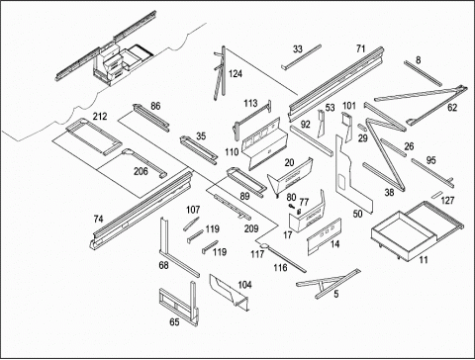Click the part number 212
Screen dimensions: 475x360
pyautogui.click(x=100, y=117)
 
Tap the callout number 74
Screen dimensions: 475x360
pyautogui.click(x=98, y=219)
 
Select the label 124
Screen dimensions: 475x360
pyautogui.click(x=236, y=73)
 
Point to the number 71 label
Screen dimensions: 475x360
pyautogui.click(x=361, y=48)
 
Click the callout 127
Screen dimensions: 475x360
pyautogui.click(x=447, y=200)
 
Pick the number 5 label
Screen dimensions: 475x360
pyautogui.click(x=336, y=294)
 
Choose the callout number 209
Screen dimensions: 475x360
pyautogui.click(x=251, y=228)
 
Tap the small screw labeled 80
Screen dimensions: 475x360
pyautogui.click(x=291, y=206)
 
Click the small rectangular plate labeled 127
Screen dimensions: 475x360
pyautogui.click(x=437, y=195)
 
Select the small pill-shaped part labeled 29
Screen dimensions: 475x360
pyautogui.click(x=362, y=128)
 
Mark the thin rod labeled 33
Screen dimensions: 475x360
pyautogui.click(x=301, y=57)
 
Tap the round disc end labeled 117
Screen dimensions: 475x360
pyautogui.click(x=265, y=245)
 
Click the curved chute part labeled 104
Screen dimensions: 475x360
pyautogui.click(x=230, y=291)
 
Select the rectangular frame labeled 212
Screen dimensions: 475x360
pyautogui.click(x=93, y=136)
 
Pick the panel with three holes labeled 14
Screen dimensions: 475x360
pyautogui.click(x=324, y=236)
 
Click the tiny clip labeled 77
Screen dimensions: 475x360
pyautogui.click(x=300, y=212)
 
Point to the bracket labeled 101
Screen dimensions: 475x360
pyautogui.click(x=346, y=125)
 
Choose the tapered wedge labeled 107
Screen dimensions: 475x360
pyautogui.click(x=192, y=224)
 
